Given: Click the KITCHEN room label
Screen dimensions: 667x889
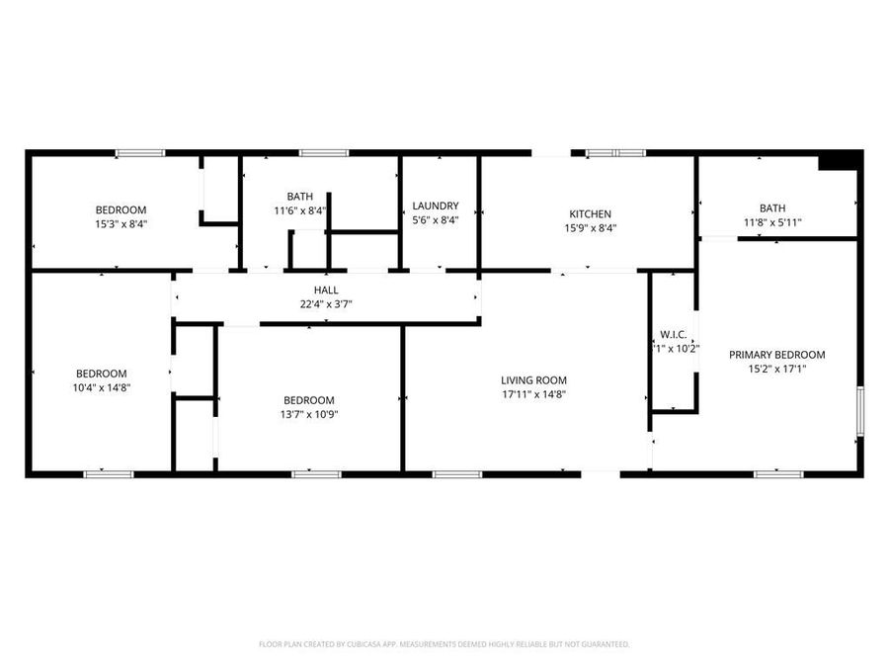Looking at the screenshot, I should (591, 213).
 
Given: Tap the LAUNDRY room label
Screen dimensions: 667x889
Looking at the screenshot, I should (435, 206).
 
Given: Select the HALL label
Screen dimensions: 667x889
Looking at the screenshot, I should (326, 290).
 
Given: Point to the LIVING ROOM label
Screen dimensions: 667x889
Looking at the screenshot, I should (533, 379).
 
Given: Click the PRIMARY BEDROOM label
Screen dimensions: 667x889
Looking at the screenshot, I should (776, 355).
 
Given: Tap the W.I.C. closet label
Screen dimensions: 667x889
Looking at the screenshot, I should (674, 334).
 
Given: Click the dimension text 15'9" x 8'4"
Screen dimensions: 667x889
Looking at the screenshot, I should (591, 228).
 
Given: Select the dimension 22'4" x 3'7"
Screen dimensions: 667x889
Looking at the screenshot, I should (326, 304).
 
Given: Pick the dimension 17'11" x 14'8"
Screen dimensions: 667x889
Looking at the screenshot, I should (533, 394).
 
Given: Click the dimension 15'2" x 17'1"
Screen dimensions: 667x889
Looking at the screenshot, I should (776, 370).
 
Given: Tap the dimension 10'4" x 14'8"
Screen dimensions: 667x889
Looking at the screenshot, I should (102, 387).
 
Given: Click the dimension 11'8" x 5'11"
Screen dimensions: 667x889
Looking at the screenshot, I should (772, 222).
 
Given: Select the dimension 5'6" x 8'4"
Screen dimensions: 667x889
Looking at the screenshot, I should (435, 220).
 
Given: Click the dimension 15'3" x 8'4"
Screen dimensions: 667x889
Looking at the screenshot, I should (121, 224).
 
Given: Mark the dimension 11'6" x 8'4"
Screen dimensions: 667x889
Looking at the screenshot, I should (300, 210).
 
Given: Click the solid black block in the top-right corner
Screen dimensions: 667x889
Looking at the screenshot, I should (839, 161).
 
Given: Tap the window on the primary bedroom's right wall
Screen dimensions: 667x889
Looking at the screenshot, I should (859, 411).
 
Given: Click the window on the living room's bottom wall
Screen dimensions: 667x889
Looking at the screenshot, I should (457, 474).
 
